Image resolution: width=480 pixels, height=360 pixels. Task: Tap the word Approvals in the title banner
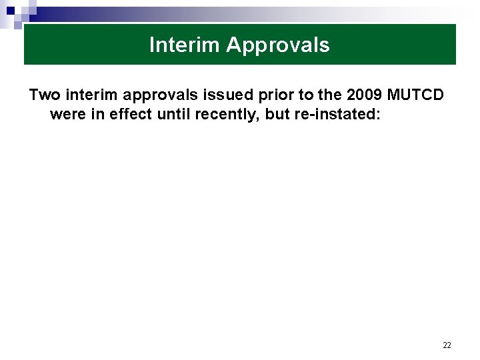278,45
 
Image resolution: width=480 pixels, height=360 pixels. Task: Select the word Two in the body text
45,95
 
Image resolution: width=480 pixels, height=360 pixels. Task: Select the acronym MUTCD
417,95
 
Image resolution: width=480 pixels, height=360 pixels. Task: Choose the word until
173,114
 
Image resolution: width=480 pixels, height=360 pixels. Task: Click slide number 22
447,345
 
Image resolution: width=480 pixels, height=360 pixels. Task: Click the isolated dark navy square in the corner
11,11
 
